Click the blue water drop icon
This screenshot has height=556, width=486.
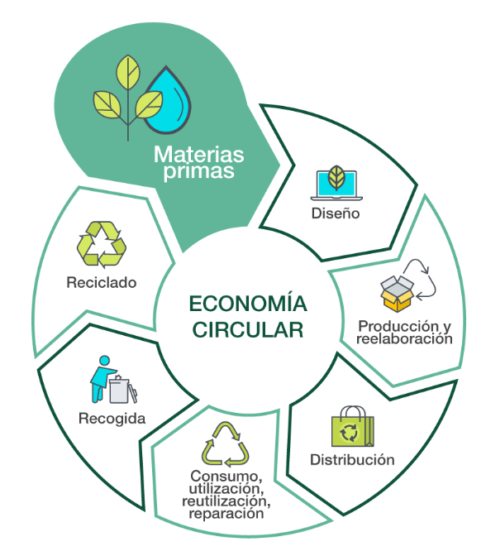tap(168, 101)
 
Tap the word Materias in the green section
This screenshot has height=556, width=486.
tap(198, 155)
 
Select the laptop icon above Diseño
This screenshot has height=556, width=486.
tap(336, 185)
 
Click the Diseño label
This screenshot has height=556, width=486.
tap(336, 213)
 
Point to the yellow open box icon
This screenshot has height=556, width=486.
tap(397, 294)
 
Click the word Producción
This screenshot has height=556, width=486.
tap(398, 326)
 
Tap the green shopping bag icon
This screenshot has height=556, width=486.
tap(352, 427)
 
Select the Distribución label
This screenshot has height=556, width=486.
tap(352, 460)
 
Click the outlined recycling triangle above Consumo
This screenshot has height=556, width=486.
tap(226, 444)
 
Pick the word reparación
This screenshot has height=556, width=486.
tap(226, 514)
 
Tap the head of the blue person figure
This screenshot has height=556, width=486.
tap(104, 361)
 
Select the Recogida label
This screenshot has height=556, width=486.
tap(112, 419)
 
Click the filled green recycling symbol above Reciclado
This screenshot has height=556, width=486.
tap(102, 245)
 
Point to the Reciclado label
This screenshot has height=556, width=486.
tap(102, 283)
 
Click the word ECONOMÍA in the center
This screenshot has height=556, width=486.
tap(248, 304)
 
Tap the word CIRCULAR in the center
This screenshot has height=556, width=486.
tap(248, 330)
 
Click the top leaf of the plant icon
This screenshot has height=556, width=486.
tap(128, 72)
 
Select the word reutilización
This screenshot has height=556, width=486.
tap(226, 501)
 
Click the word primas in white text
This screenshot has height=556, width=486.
tap(198, 171)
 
